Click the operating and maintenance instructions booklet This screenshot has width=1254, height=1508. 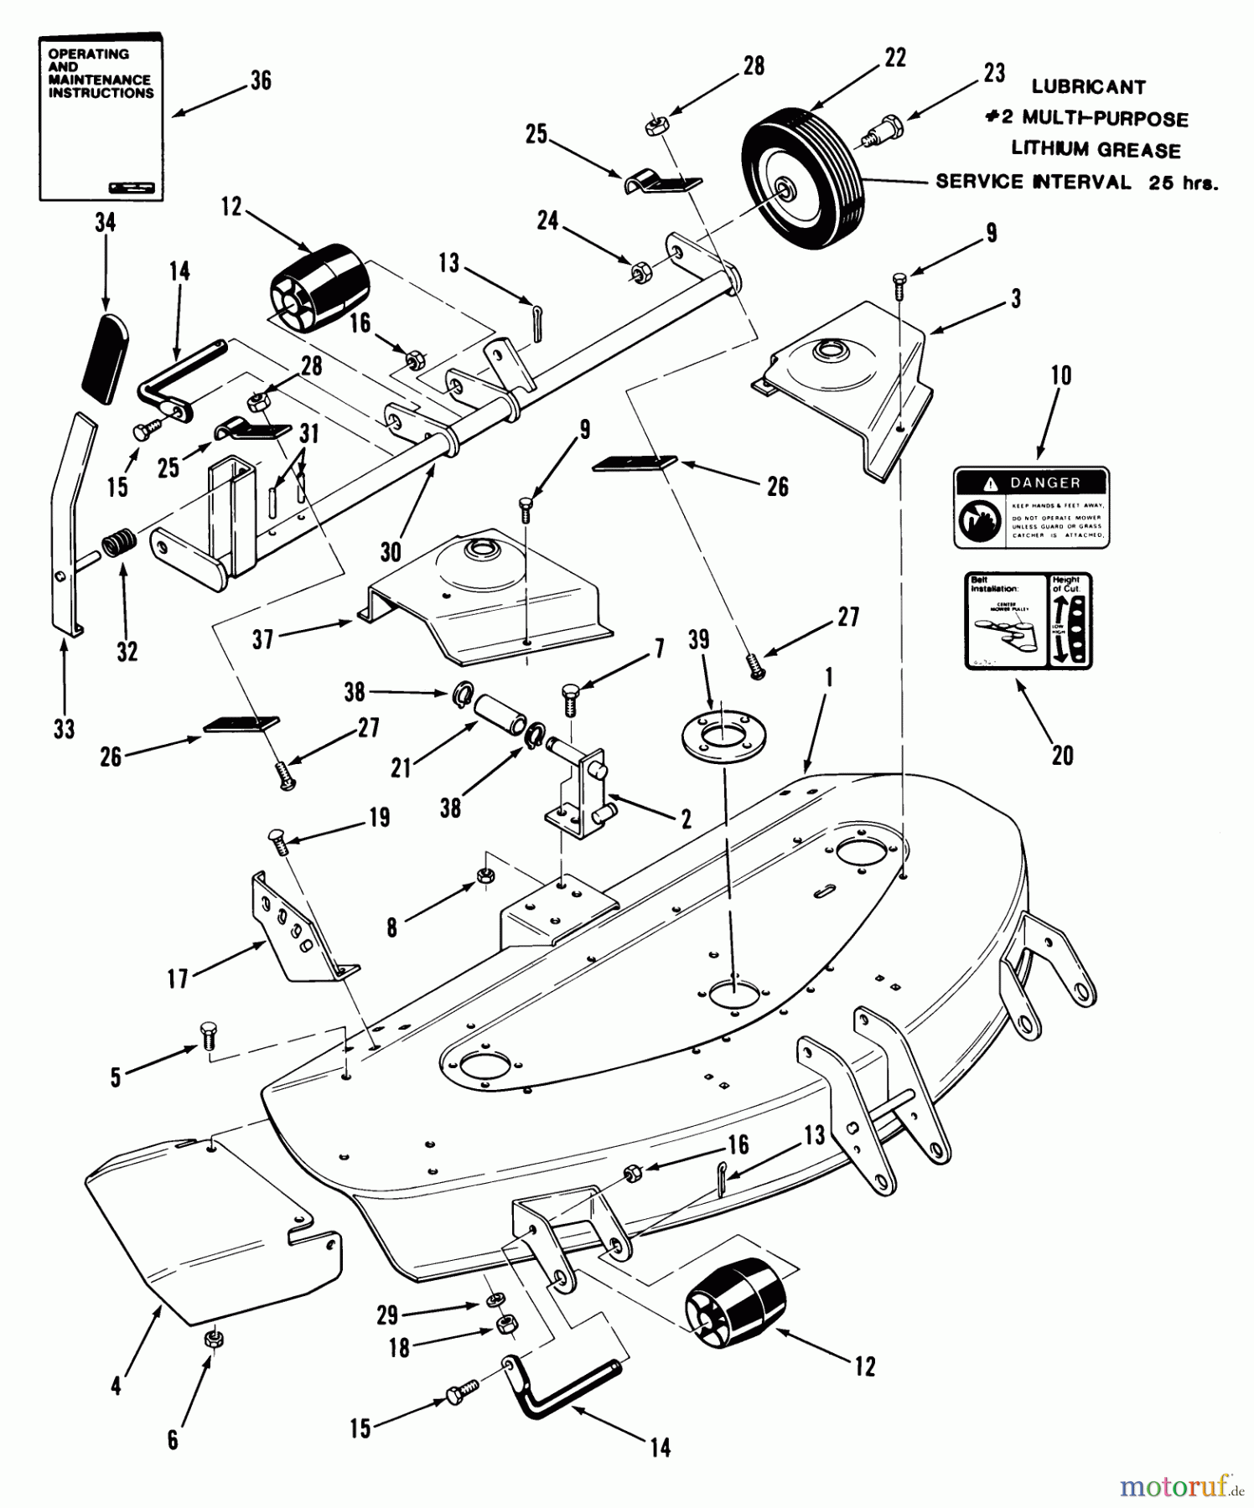[x=101, y=117]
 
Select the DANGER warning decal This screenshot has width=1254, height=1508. [x=1031, y=508]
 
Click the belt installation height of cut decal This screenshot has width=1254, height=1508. [x=1029, y=620]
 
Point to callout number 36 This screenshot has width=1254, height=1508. [x=261, y=81]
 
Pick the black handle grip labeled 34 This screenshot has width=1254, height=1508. [x=106, y=358]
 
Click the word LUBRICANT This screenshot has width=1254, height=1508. [x=1088, y=86]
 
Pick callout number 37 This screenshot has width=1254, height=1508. [x=263, y=640]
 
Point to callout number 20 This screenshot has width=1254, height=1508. [x=1062, y=756]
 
